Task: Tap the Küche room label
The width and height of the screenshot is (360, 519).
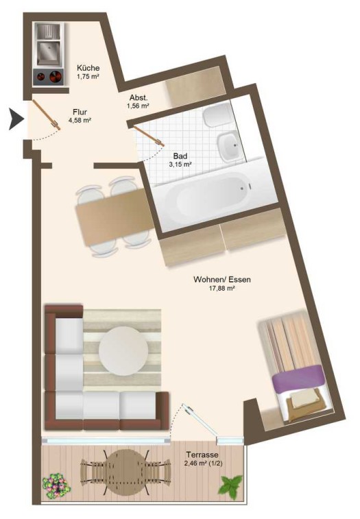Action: (x=88, y=68)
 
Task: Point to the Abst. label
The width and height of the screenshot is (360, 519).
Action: (x=139, y=98)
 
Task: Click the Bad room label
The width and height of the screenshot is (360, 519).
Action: (x=180, y=156)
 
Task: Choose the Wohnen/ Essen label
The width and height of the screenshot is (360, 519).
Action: (x=222, y=280)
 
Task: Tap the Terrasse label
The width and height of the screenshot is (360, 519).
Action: (x=202, y=455)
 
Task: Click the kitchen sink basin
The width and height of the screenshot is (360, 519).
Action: (x=49, y=51)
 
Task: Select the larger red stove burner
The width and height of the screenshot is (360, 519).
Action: (x=56, y=77)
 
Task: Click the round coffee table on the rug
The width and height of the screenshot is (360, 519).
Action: (x=123, y=351)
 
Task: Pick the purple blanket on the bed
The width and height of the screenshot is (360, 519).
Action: (x=298, y=378)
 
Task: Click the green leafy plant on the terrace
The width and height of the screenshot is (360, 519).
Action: (x=230, y=486)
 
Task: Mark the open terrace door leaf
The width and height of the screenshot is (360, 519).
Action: (x=200, y=420)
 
